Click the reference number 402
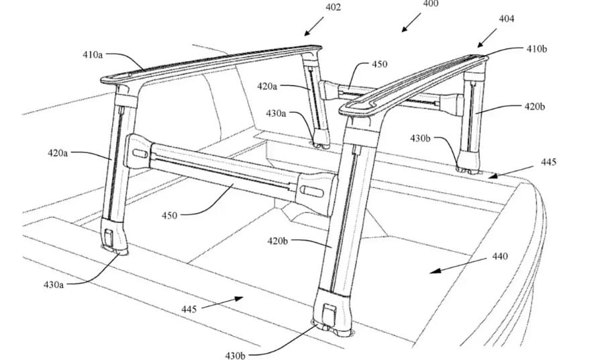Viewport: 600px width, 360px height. pyautogui.click(x=333, y=7)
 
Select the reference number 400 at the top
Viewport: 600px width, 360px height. pyautogui.click(x=430, y=3)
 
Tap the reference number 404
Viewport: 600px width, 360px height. pyautogui.click(x=506, y=19)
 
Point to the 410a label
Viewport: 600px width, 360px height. pyautogui.click(x=93, y=55)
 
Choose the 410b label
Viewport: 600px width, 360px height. pyautogui.click(x=536, y=48)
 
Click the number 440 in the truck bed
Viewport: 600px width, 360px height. pyautogui.click(x=500, y=256)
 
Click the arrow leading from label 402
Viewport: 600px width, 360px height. pyautogui.click(x=314, y=26)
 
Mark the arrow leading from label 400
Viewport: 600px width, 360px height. pyautogui.click(x=411, y=23)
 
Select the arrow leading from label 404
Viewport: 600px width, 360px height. pyautogui.click(x=487, y=38)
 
